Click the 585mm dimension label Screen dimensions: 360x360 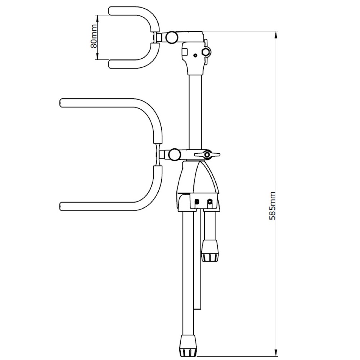point(273,205)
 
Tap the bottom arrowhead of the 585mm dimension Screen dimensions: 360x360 point(276,351)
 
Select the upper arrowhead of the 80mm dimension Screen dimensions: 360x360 point(97,17)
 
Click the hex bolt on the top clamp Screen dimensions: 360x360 point(207,52)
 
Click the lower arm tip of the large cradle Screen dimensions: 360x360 point(62,206)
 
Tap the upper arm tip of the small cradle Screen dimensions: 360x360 point(111,10)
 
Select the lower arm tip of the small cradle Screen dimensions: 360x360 point(111,64)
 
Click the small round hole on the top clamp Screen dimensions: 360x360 point(195,55)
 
